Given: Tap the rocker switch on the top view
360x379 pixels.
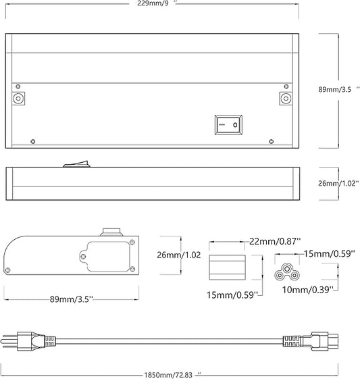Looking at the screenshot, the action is [x=228, y=125].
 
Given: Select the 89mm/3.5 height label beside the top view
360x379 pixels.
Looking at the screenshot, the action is [x=339, y=89].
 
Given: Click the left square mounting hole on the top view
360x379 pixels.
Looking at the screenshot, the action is [x=18, y=99].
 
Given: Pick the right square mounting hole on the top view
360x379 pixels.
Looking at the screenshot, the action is [x=286, y=99].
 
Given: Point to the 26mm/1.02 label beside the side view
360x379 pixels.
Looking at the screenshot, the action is [x=338, y=184].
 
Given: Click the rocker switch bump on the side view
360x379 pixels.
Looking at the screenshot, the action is [x=76, y=163].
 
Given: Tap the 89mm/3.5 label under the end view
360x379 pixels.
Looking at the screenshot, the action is [x=72, y=299].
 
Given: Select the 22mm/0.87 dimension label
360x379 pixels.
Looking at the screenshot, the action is [x=275, y=241].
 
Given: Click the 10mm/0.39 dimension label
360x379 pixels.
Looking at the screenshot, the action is [x=308, y=290].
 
